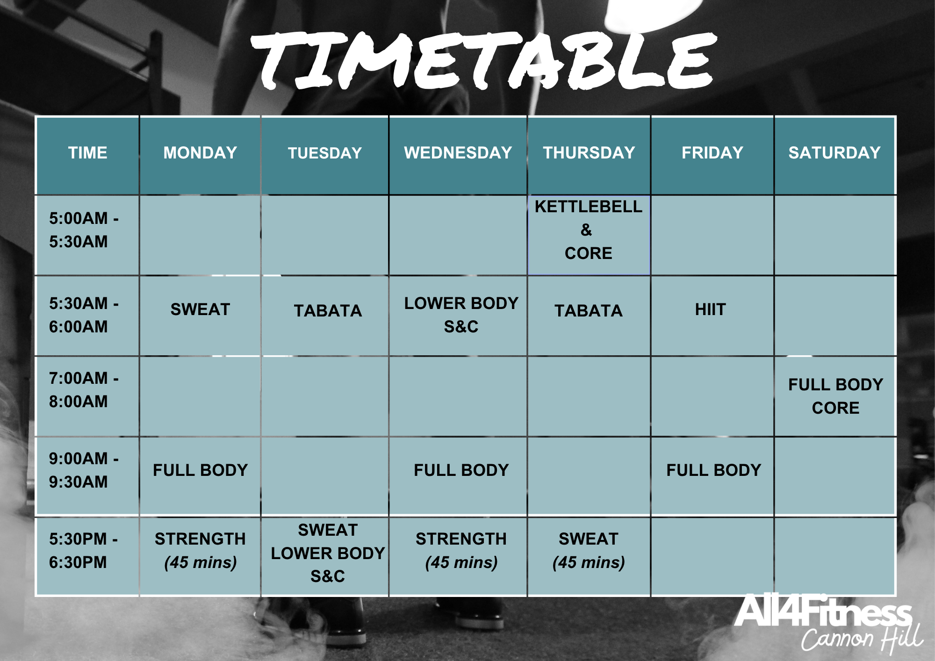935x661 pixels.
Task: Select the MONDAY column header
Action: click(200, 153)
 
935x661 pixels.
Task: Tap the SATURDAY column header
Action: click(834, 153)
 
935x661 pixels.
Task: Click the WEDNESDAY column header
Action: click(458, 153)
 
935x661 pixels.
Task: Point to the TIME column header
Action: click(87, 153)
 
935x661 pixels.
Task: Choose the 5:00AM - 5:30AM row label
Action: click(83, 230)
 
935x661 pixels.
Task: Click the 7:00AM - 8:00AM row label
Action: click(83, 390)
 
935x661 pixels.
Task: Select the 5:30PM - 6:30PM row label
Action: click(83, 551)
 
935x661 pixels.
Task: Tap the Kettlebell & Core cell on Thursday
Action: click(588, 230)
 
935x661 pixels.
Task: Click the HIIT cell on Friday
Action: click(710, 309)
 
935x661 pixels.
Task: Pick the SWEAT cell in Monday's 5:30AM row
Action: click(200, 309)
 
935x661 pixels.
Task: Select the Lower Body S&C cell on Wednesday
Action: click(461, 315)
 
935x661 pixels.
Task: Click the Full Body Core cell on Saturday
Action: click(835, 396)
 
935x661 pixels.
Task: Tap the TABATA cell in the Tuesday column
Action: click(328, 311)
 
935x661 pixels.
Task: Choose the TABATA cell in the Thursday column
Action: click(588, 311)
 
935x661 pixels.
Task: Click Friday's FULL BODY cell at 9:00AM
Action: click(713, 470)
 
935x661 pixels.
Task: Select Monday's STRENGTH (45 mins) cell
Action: click(200, 551)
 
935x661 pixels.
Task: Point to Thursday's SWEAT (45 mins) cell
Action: click(588, 551)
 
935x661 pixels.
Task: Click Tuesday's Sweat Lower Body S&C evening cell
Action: click(328, 553)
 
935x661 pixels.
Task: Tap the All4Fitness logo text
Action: click(823, 612)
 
